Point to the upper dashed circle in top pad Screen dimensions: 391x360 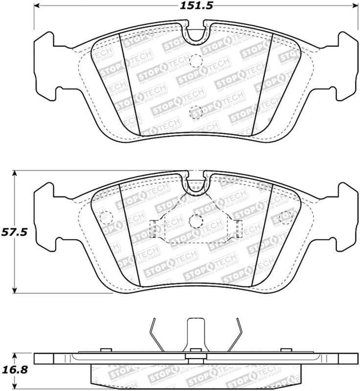[196, 61]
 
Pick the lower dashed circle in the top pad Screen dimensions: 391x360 [195, 111]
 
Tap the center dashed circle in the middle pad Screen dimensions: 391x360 [196, 220]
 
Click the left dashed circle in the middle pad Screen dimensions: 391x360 [106, 216]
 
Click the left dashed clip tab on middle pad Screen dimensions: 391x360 [152, 228]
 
